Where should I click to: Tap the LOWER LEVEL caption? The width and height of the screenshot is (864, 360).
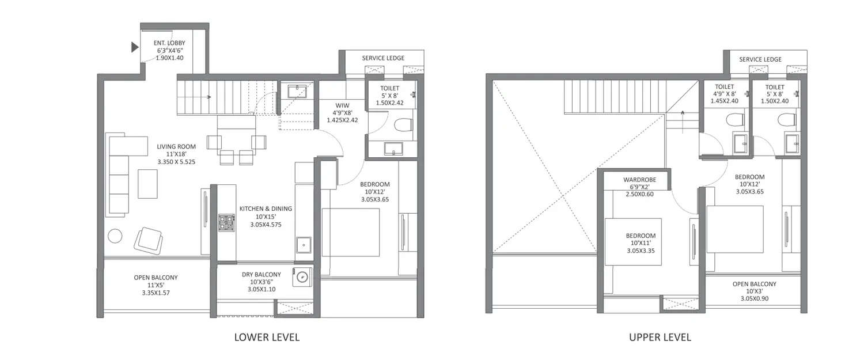267,337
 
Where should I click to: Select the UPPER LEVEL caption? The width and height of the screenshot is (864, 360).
660,337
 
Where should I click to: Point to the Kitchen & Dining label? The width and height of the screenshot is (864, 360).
266,209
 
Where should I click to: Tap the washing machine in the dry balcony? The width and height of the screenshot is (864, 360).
301,278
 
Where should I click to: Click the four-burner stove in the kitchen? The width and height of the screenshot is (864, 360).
226,223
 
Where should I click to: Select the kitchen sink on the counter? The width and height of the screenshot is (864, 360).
304,245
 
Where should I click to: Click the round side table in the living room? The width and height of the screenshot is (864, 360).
115,236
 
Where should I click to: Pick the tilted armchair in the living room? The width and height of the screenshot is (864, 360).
149,238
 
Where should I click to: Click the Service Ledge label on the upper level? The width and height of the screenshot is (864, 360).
760,59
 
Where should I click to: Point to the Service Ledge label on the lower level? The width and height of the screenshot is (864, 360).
383,58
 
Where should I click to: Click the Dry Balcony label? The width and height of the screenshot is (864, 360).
262,275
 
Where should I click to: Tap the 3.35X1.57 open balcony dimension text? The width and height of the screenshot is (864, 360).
156,293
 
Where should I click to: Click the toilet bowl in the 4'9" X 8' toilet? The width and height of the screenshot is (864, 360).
734,120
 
